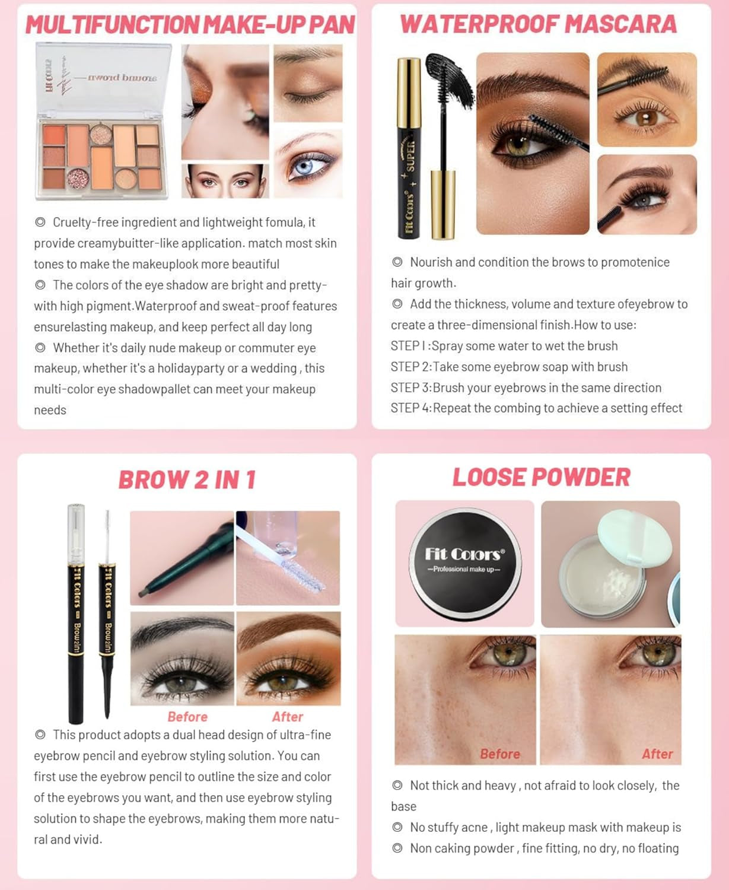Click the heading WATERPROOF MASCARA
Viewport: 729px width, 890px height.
(539, 24)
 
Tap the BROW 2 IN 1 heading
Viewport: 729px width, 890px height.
(187, 480)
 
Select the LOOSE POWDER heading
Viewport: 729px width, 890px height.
(542, 477)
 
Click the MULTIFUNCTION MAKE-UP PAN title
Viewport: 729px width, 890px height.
(190, 24)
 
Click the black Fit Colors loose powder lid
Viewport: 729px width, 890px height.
(465, 564)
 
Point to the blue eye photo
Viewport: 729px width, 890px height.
(308, 163)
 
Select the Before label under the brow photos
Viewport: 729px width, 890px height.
(187, 717)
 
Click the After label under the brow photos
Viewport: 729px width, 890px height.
(287, 717)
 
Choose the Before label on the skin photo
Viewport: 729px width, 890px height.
(500, 754)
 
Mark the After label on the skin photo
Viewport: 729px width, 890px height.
(657, 754)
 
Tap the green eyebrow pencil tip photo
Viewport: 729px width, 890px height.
(182, 558)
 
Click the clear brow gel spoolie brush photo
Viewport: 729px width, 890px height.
(288, 558)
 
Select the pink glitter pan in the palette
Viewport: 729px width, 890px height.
(77, 178)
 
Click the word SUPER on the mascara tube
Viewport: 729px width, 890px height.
(410, 157)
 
